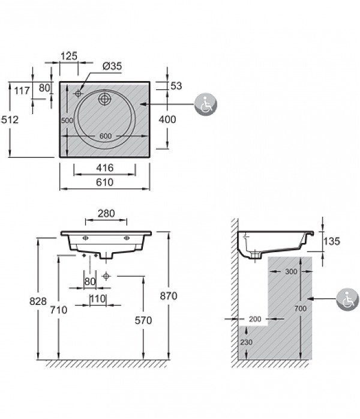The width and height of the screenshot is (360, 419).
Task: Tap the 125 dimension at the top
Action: [70, 56]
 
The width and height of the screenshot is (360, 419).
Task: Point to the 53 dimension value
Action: [176, 86]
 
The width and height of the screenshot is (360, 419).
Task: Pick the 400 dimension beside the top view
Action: [167, 119]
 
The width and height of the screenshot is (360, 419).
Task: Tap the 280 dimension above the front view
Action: [105, 214]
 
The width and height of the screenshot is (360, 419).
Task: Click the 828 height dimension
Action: [38, 302]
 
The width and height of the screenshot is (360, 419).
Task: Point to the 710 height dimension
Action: [58, 310]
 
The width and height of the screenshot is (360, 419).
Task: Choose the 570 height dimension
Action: [143, 321]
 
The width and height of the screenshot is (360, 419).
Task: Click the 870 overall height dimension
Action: [170, 295]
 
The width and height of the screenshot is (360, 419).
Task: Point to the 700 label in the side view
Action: [300, 309]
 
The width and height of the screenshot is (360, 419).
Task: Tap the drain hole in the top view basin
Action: [106, 98]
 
